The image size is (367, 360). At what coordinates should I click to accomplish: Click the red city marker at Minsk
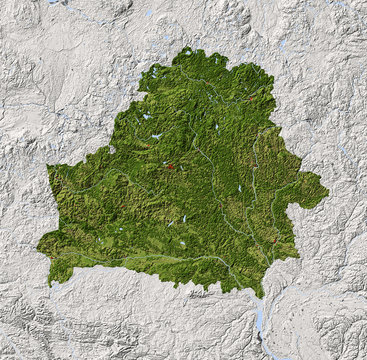(170, 167)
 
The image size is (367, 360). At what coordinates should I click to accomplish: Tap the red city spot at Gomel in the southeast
(273, 240)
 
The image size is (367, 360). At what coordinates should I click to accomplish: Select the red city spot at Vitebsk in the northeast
(249, 100)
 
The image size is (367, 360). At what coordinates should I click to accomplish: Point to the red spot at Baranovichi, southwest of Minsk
(118, 190)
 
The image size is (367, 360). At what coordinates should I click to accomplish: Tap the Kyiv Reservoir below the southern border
(261, 320)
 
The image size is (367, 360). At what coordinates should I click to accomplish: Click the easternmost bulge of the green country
(326, 190)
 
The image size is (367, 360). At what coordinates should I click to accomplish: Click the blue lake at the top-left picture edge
(55, 2)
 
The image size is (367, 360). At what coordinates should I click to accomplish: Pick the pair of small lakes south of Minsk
(181, 220)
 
